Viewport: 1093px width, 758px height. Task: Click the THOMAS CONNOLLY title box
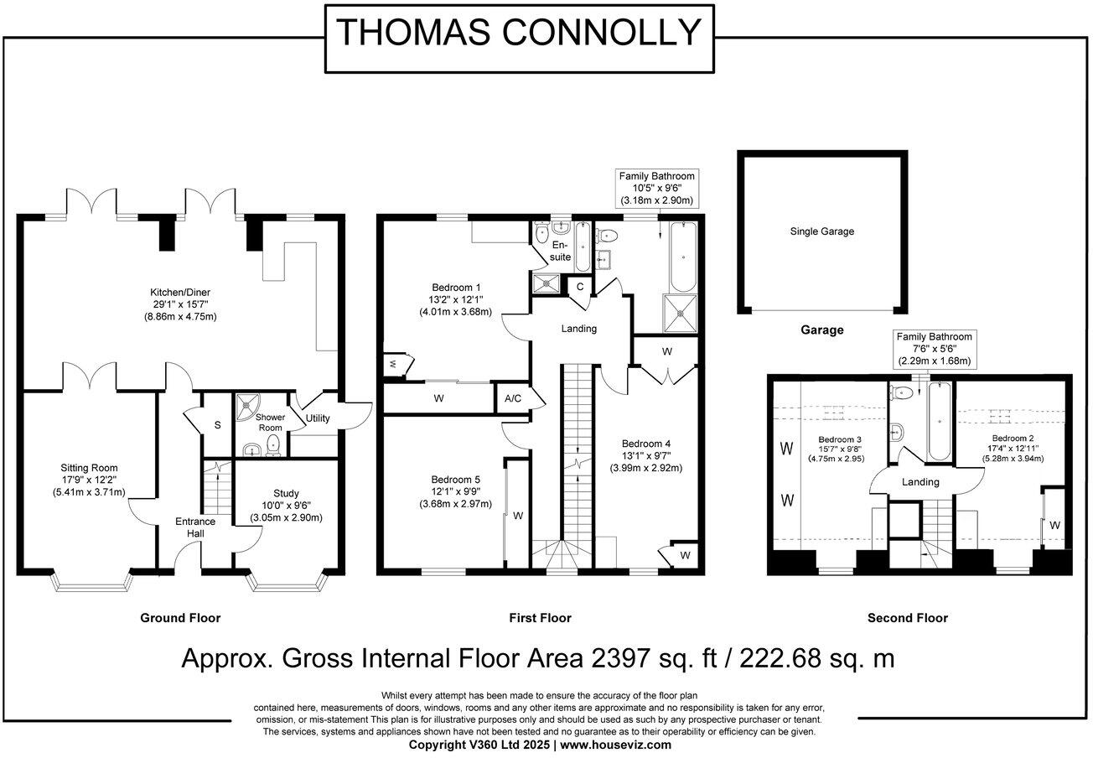[520, 39]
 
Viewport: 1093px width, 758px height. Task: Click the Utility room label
[318, 418]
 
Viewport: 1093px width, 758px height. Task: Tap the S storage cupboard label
[218, 425]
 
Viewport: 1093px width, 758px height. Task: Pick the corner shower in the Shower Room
[248, 407]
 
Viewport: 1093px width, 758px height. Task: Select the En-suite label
[560, 251]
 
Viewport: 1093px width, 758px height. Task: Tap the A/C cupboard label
[513, 399]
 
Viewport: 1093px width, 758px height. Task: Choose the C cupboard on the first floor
[580, 287]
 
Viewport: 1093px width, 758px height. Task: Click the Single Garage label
[822, 231]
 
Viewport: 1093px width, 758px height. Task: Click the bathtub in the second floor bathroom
[940, 421]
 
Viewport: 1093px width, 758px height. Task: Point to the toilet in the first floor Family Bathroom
[606, 236]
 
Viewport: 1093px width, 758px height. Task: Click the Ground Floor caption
[180, 618]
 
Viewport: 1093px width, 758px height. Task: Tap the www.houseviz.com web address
[615, 745]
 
